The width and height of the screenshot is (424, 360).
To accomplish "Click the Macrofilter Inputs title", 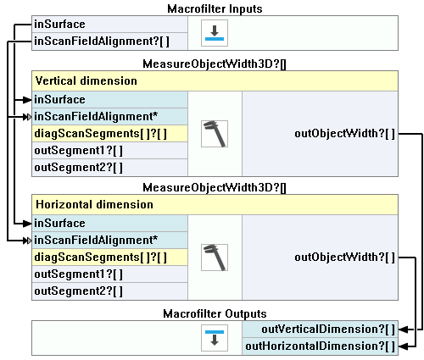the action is tap(215, 8).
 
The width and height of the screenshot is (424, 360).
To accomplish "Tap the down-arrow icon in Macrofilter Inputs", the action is tap(215, 33).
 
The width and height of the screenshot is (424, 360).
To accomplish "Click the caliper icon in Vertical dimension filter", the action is tap(215, 134).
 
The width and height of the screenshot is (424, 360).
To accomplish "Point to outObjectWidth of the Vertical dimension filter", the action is tap(345, 134).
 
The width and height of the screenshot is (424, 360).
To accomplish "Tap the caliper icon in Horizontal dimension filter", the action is tap(215, 258).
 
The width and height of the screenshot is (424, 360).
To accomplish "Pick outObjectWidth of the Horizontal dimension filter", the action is tap(345, 258).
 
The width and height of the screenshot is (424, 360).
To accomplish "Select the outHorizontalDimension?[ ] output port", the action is tap(321, 346).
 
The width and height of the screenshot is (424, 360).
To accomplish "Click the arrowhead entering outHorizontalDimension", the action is tap(404, 346).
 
